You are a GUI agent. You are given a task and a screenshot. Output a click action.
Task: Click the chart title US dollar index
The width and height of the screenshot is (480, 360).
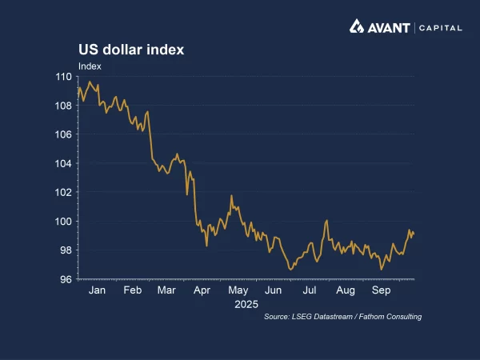tap(131, 50)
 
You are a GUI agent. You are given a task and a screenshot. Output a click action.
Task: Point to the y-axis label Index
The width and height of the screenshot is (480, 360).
tap(89, 66)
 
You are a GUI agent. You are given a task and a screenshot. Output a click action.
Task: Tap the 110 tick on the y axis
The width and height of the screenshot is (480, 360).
tap(63, 77)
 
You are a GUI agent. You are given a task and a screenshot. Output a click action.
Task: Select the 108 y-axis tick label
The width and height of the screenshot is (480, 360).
tap(63, 106)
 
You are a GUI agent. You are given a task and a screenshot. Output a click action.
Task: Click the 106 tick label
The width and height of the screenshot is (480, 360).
tap(63, 134)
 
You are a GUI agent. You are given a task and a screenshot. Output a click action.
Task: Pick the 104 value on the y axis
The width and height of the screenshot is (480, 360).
tap(63, 163)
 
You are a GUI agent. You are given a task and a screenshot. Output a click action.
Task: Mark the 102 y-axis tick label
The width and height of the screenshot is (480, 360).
tap(63, 192)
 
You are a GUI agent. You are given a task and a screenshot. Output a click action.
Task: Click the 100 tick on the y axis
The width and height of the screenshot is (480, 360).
tap(63, 222)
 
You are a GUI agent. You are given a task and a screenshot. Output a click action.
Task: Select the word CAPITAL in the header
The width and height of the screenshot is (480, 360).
tap(441, 27)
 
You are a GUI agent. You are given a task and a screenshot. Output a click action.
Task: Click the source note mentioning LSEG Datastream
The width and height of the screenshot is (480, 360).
tap(342, 318)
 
